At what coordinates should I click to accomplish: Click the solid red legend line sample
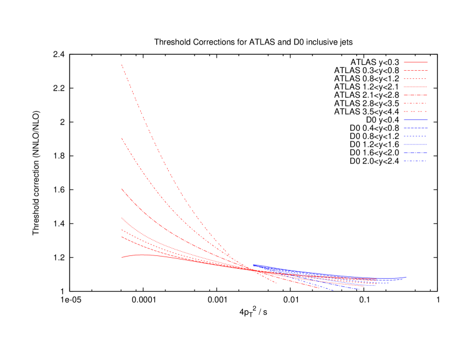click(415, 61)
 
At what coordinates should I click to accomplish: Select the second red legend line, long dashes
click(415, 70)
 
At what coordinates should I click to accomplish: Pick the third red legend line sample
click(415, 78)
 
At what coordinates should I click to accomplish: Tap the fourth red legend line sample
click(415, 86)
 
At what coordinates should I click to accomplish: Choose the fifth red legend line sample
click(415, 95)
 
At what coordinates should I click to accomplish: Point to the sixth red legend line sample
click(415, 103)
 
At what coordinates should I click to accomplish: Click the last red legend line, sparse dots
click(415, 111)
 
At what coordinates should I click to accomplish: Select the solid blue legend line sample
click(415, 119)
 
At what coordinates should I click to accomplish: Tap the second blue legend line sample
click(415, 127)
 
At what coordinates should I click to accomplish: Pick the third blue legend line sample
click(415, 136)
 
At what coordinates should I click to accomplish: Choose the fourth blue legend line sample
click(415, 144)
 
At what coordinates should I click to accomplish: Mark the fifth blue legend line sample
click(415, 152)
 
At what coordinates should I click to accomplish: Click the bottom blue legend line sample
click(415, 160)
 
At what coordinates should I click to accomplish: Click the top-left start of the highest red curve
click(122, 64)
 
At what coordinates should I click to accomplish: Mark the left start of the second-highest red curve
click(122, 139)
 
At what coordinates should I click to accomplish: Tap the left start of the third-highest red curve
click(122, 189)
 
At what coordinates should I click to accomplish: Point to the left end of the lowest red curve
click(122, 257)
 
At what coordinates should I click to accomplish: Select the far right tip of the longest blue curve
click(406, 277)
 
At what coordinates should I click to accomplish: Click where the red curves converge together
click(252, 269)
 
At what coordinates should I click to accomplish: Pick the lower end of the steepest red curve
click(276, 283)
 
